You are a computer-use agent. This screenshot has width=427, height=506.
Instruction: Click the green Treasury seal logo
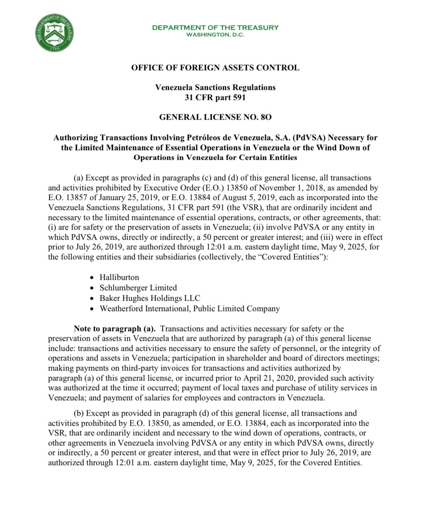point(54,33)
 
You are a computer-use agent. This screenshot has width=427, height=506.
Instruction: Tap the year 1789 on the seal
point(54,49)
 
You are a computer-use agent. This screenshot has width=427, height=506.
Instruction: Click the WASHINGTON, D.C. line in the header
point(215,35)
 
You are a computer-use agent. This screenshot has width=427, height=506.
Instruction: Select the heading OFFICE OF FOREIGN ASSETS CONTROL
point(215,68)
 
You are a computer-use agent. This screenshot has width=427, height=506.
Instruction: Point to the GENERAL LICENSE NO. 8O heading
point(215,117)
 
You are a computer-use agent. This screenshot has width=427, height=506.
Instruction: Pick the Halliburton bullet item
point(119,277)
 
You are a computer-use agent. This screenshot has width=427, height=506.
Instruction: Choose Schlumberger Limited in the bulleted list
point(138,288)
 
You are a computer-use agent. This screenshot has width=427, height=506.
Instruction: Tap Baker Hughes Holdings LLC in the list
point(150,298)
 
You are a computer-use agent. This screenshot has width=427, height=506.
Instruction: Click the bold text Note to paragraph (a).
point(115,329)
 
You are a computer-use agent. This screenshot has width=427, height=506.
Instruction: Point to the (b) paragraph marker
point(79,413)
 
